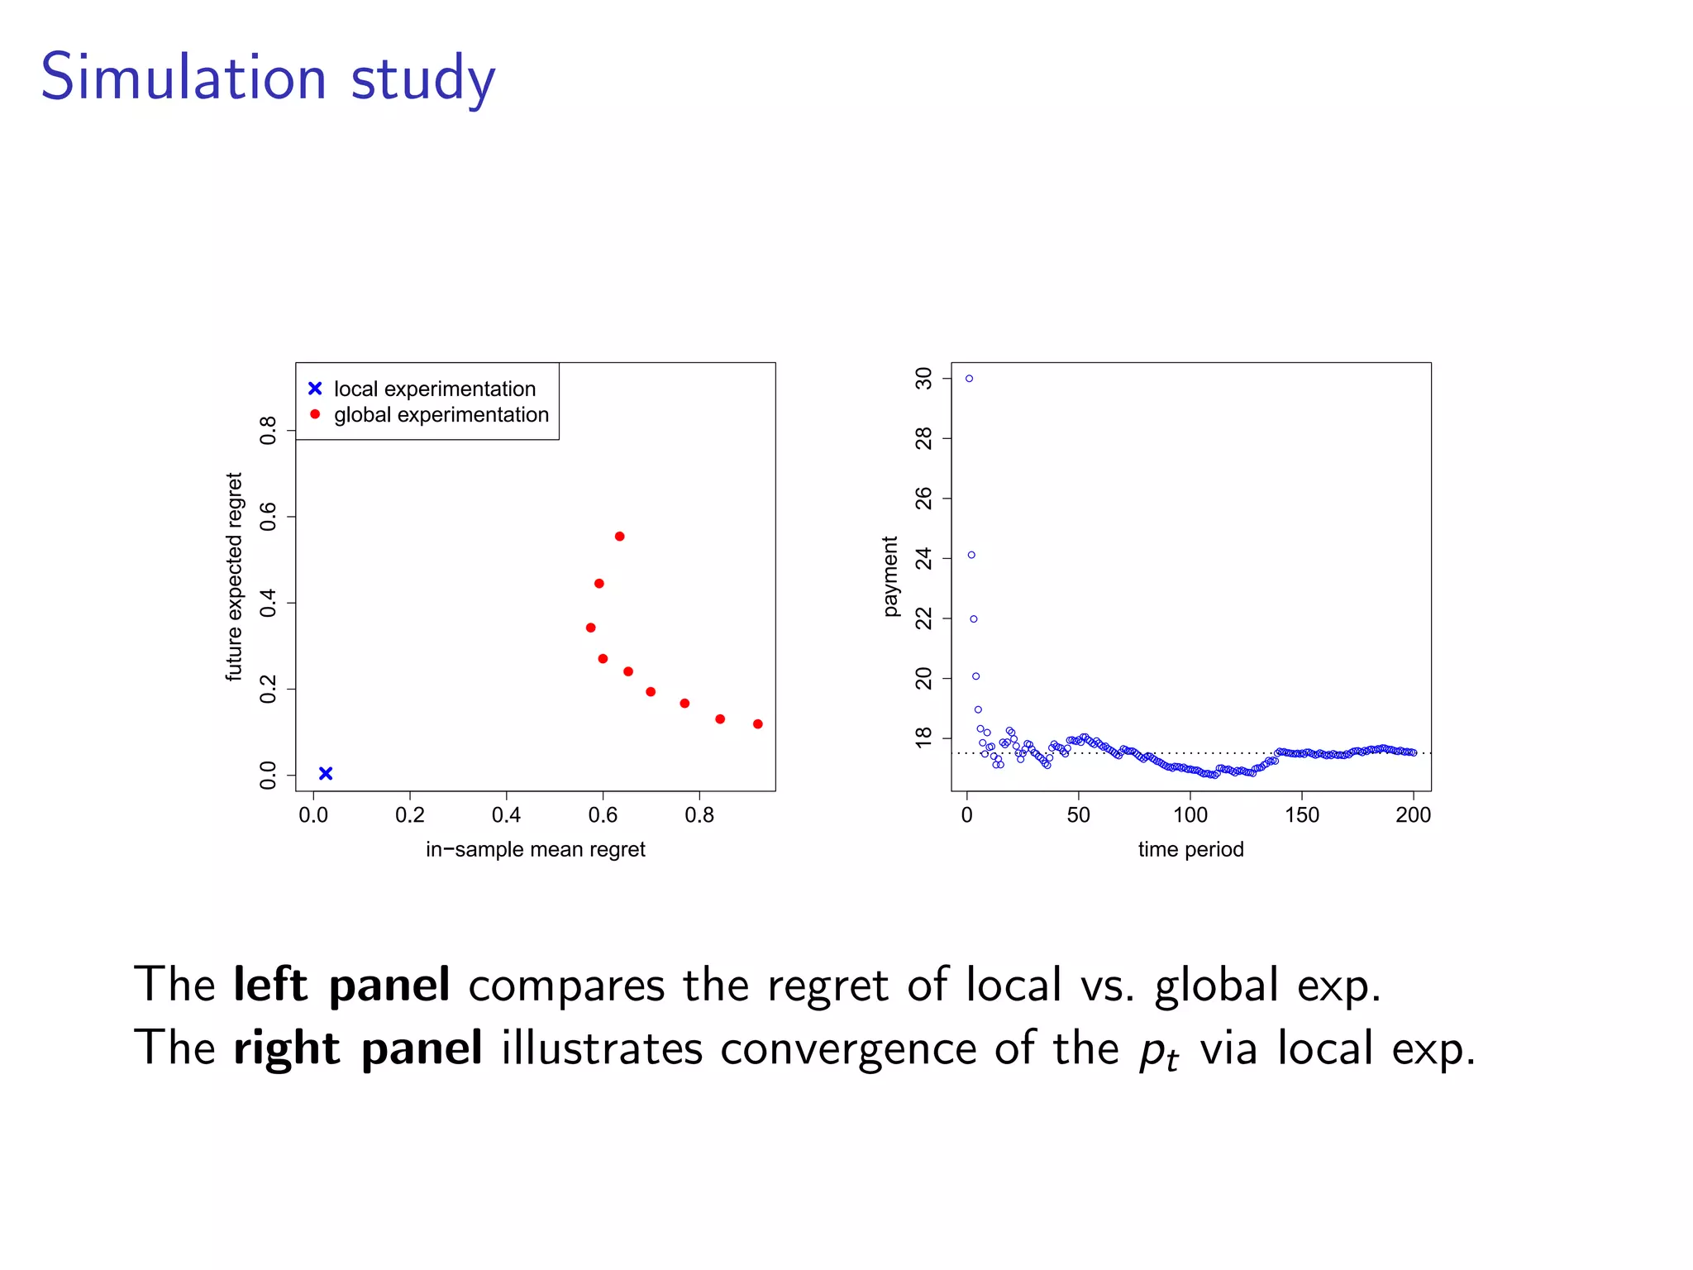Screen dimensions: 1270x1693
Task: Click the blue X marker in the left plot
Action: pos(326,773)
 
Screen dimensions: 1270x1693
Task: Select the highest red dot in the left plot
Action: pos(619,537)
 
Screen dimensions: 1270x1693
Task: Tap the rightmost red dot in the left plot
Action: pos(757,724)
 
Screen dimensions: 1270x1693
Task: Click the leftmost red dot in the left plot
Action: pos(590,628)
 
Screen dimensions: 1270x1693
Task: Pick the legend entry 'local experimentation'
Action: pos(434,389)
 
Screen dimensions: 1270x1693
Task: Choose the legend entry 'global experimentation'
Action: pos(441,414)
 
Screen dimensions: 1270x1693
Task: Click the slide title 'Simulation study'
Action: pos(268,78)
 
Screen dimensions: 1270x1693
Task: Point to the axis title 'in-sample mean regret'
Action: pos(535,849)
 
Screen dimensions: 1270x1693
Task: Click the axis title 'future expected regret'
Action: pos(235,576)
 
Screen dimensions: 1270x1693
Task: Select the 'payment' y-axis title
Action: pos(889,576)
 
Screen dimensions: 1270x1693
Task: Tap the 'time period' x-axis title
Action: pos(1190,849)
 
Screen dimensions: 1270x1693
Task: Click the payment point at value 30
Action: pos(969,379)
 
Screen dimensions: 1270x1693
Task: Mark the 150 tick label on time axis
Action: pos(1301,815)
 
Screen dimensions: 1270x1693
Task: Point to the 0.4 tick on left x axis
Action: pos(506,815)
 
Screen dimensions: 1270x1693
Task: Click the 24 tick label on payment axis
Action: pos(923,559)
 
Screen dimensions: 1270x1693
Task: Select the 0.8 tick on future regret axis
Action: pos(268,431)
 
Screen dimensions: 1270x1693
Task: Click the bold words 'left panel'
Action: pos(341,985)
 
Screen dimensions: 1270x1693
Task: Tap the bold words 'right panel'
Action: pos(357,1048)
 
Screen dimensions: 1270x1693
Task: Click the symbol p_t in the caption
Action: pos(1158,1052)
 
